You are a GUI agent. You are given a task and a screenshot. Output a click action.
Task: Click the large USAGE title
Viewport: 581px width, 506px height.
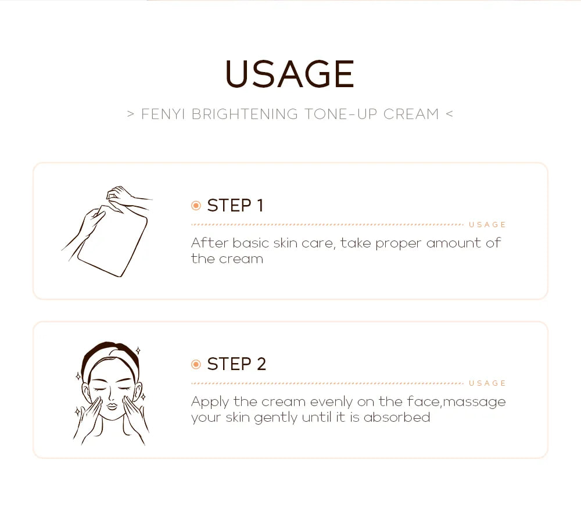click(289, 74)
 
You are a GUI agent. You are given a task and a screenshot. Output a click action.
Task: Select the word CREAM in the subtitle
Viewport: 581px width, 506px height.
click(411, 114)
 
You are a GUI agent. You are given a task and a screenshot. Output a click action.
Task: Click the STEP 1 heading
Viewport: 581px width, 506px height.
click(235, 206)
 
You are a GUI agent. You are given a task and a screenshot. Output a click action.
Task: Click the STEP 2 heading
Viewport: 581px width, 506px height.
click(236, 364)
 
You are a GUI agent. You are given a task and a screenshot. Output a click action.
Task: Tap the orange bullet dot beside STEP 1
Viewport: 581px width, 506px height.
click(196, 206)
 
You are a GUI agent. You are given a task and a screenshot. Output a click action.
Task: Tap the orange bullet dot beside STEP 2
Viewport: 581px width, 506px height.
click(196, 364)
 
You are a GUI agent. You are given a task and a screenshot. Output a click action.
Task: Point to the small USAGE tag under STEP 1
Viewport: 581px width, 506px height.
click(487, 225)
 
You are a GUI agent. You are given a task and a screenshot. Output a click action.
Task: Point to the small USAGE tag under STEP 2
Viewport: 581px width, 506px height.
click(487, 383)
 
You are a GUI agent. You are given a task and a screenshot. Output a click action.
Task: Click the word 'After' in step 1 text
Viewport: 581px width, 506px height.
click(209, 243)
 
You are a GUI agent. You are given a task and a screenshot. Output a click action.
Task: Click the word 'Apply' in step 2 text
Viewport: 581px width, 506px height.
click(210, 402)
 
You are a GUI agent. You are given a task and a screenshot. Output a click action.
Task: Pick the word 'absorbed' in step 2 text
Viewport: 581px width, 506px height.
click(397, 417)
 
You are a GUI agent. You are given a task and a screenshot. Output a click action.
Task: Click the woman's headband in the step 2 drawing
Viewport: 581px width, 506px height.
click(110, 351)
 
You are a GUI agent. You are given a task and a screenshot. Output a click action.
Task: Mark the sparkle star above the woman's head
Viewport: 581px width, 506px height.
click(138, 351)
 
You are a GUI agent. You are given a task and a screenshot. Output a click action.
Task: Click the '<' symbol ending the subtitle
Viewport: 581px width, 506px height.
click(449, 114)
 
